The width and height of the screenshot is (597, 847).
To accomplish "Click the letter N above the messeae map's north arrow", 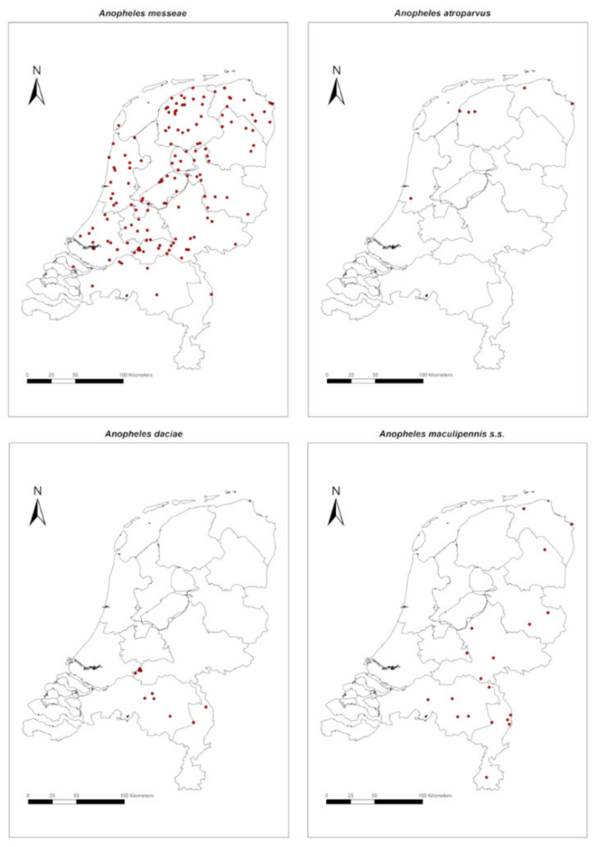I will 37,70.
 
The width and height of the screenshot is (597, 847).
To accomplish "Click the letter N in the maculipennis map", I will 336,491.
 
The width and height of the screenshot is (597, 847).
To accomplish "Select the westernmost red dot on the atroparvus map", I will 411,198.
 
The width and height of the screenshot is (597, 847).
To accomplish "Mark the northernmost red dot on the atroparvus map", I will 524,88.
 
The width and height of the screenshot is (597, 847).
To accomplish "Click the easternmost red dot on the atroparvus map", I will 572,103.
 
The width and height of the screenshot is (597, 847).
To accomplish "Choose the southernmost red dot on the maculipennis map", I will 486,777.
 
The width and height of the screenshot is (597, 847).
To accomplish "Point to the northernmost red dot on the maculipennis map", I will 523,509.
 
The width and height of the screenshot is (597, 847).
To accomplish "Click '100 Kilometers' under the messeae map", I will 136,375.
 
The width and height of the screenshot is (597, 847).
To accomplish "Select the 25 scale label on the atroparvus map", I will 351,375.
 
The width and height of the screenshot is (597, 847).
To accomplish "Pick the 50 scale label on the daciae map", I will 76,795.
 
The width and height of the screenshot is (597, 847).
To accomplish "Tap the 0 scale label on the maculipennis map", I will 327,795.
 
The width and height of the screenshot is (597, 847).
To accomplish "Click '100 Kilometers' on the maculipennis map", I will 436,795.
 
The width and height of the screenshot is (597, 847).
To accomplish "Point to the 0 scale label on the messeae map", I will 28,375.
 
